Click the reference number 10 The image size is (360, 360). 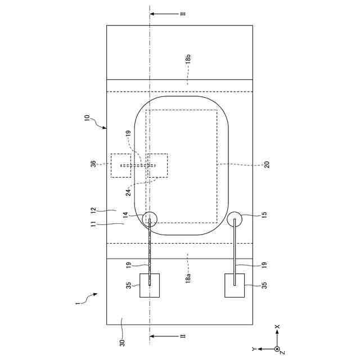pyautogui.click(x=87, y=118)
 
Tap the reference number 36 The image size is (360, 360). pyautogui.click(x=93, y=164)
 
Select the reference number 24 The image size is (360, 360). pyautogui.click(x=129, y=192)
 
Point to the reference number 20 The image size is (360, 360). pyautogui.click(x=267, y=165)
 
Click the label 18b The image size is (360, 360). pyautogui.click(x=188, y=58)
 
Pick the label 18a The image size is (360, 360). pyautogui.click(x=188, y=278)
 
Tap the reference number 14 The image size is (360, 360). pyautogui.click(x=125, y=215)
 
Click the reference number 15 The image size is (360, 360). pyautogui.click(x=264, y=215)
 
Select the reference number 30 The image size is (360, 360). pyautogui.click(x=123, y=343)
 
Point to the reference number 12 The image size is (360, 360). pyautogui.click(x=93, y=210)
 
